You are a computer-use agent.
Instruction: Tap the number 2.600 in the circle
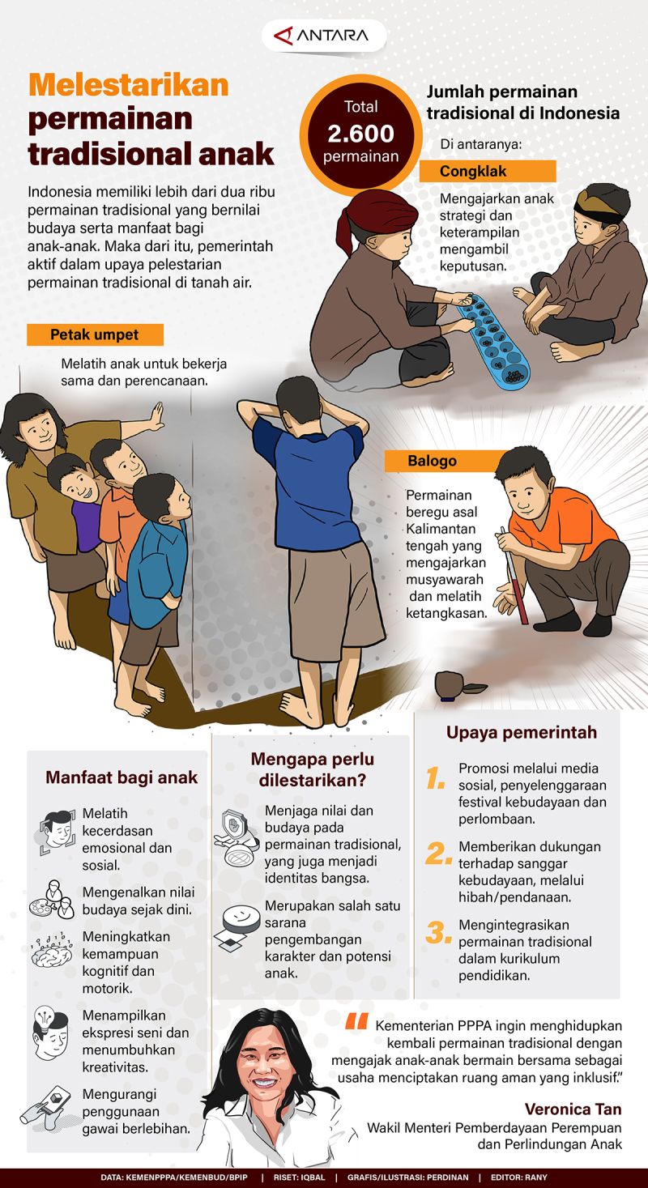360,134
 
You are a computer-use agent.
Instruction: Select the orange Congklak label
488,172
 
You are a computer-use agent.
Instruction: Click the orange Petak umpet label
95,334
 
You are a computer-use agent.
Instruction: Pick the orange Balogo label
446,461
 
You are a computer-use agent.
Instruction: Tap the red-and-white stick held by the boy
514,576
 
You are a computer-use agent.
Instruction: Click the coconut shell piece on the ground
459,687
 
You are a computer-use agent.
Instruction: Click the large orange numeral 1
435,778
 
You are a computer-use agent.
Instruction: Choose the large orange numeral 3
438,933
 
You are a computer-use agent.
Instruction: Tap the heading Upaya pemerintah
522,732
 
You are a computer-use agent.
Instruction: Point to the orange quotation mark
356,1021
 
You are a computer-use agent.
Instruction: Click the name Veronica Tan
573,1109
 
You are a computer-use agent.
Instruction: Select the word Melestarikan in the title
128,85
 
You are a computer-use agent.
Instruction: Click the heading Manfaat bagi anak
122,777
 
